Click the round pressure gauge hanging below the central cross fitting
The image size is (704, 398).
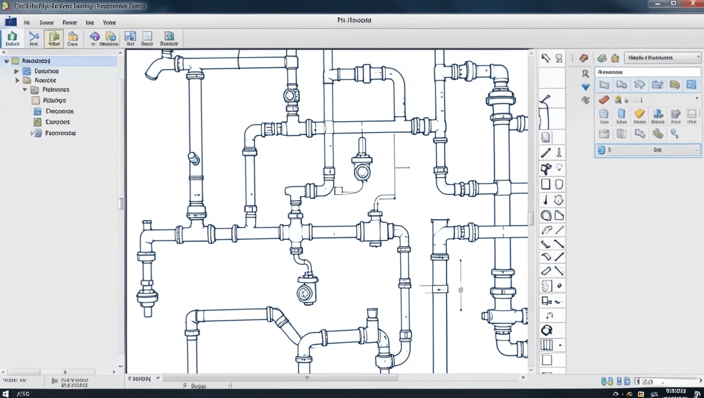pos(306,293)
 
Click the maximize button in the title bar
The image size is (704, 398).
pos(673,4)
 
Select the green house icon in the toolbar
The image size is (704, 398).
pos(12,37)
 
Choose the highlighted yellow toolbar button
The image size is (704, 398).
pos(54,38)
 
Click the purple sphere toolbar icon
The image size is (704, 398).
pos(94,36)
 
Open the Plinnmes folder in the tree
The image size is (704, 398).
pos(55,90)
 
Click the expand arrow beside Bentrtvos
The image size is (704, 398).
pos(17,71)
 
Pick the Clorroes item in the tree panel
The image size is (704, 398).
pos(57,122)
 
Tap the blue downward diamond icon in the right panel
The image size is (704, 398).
pos(585,87)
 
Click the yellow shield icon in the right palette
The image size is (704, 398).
pos(639,114)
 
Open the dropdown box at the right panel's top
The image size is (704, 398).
pos(662,58)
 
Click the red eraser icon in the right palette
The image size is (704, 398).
pos(604,99)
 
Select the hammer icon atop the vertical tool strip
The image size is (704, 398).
pos(546,58)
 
